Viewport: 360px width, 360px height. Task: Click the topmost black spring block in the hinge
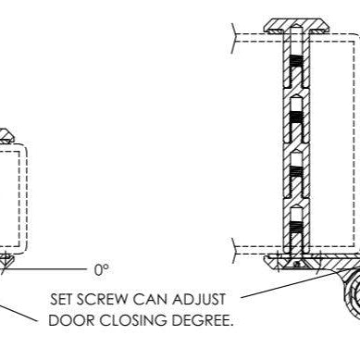pyautogui.click(x=293, y=69)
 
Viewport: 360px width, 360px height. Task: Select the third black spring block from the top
pyautogui.click(x=293, y=170)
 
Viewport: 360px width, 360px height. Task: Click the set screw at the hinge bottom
pyautogui.click(x=294, y=262)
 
